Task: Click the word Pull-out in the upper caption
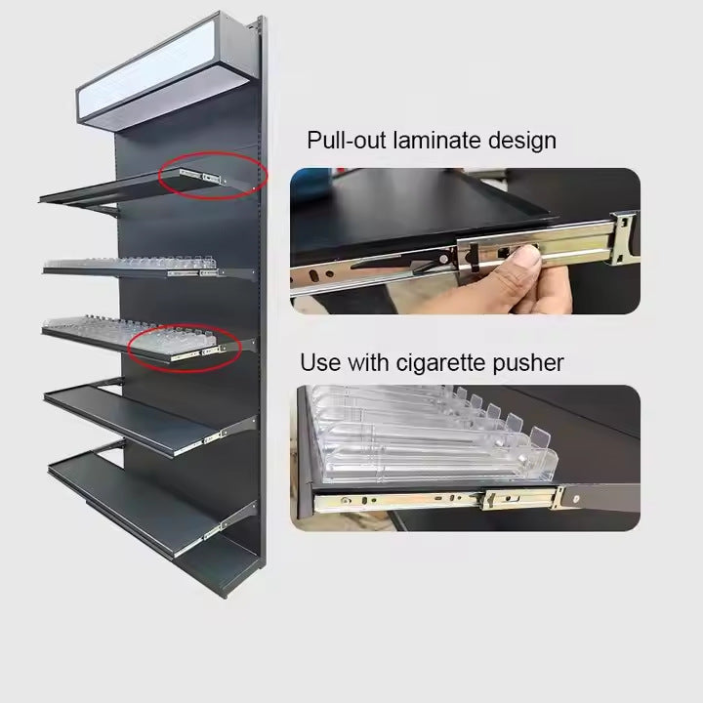tap(346, 141)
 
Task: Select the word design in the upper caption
tap(522, 141)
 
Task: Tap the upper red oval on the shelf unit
tap(214, 176)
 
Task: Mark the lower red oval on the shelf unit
tap(185, 348)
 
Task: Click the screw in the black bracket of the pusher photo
tap(577, 499)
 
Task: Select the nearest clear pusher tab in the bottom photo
tap(541, 439)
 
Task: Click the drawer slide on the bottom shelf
tap(212, 529)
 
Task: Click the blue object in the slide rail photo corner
tap(310, 187)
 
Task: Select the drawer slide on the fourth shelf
tap(211, 437)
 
